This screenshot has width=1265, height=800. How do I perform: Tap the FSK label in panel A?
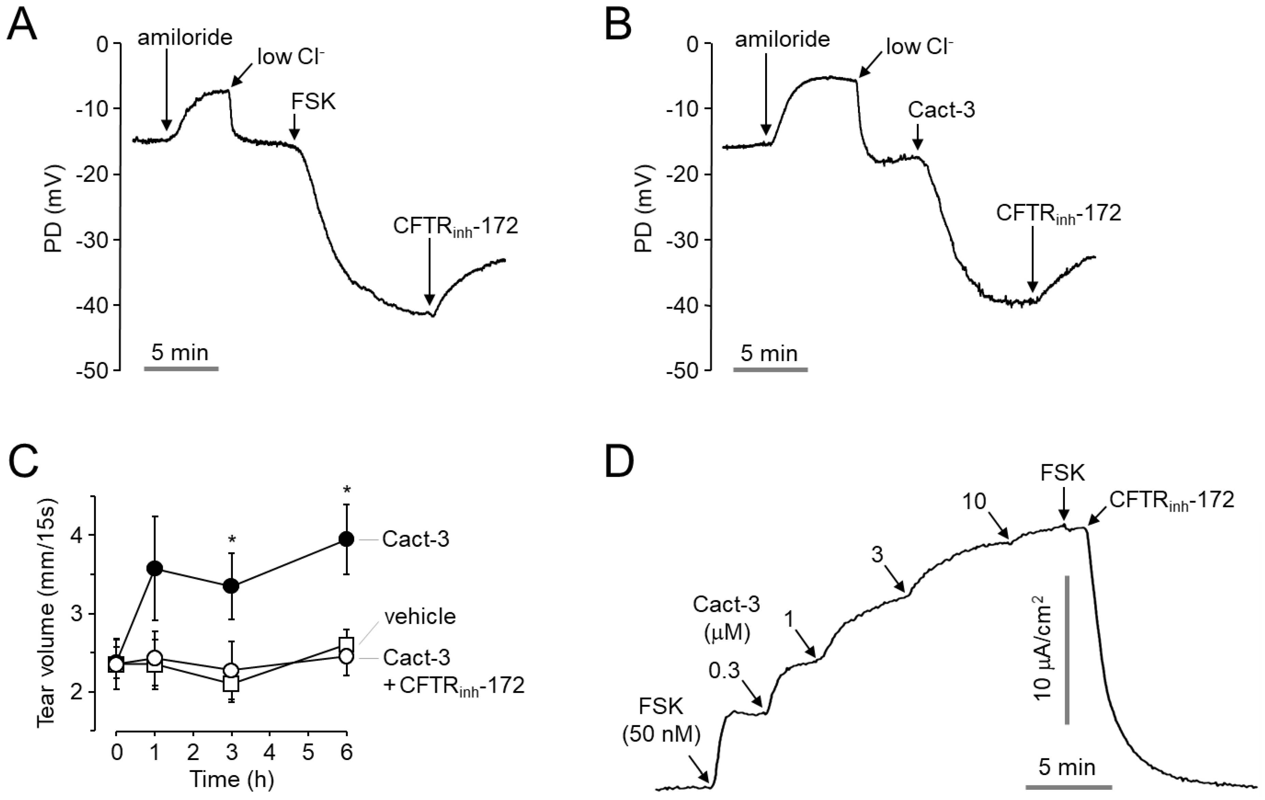pyautogui.click(x=314, y=102)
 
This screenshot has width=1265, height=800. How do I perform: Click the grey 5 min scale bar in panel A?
pyautogui.click(x=181, y=369)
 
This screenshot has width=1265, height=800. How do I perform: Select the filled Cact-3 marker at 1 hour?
pyautogui.click(x=154, y=568)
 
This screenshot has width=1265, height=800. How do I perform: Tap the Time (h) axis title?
pyautogui.click(x=232, y=779)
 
